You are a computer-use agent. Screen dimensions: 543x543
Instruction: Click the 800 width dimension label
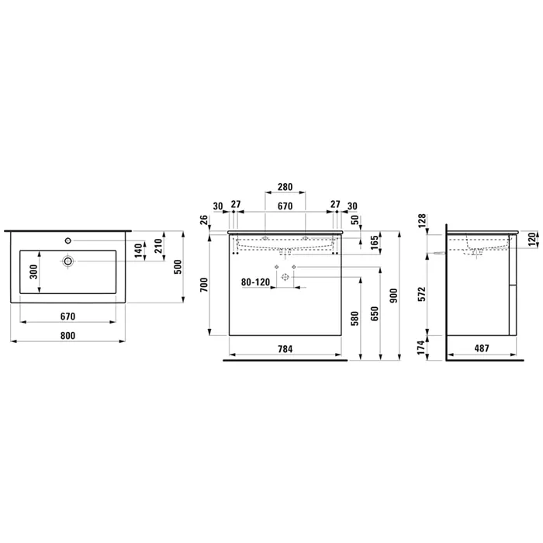(x=67, y=336)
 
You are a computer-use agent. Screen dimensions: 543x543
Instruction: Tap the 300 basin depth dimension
(x=33, y=271)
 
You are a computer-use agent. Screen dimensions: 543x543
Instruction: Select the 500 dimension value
(x=178, y=267)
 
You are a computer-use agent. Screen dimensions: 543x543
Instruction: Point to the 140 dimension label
(x=139, y=251)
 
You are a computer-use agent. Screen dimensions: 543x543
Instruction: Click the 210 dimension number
(x=158, y=246)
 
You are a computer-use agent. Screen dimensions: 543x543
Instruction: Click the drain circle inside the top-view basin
(x=68, y=261)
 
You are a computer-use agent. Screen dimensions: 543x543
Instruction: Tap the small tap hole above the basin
(x=68, y=240)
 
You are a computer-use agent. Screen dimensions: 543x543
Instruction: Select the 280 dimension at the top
(x=285, y=187)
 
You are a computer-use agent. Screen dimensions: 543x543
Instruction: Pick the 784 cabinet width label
(x=285, y=349)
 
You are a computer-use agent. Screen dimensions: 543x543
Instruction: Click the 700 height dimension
(x=204, y=285)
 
